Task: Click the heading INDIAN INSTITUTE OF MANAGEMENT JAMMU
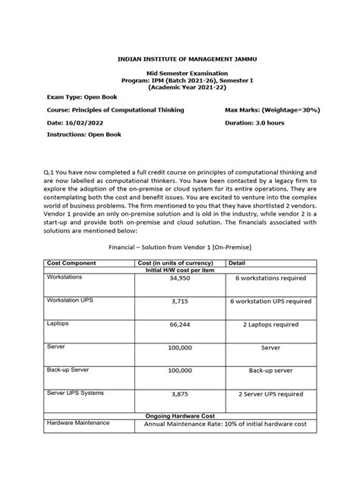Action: [x=179, y=57]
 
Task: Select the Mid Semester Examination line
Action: [x=179, y=71]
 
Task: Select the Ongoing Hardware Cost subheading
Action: [x=179, y=415]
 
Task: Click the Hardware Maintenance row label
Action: [x=78, y=422]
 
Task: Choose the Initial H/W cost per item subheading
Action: [x=179, y=269]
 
